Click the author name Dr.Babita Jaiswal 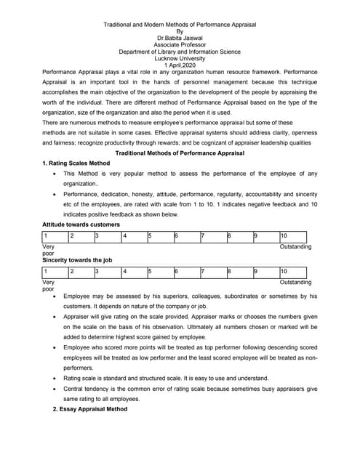(180, 38)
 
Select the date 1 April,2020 (180, 65)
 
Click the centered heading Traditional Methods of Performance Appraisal (180, 153)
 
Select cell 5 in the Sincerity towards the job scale (159, 271)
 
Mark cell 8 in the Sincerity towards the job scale (239, 271)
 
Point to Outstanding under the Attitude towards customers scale (295, 248)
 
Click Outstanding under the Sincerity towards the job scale (295, 282)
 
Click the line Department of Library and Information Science (180, 52)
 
